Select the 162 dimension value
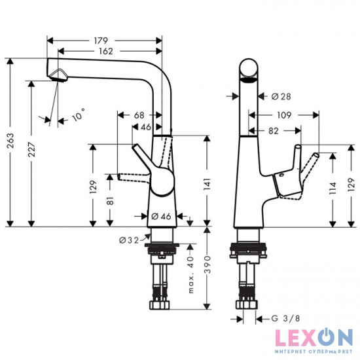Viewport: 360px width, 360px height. [x=105, y=51]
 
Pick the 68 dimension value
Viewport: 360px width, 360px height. [x=138, y=115]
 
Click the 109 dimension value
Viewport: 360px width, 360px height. [x=284, y=115]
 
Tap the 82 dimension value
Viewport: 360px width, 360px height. [x=274, y=131]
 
